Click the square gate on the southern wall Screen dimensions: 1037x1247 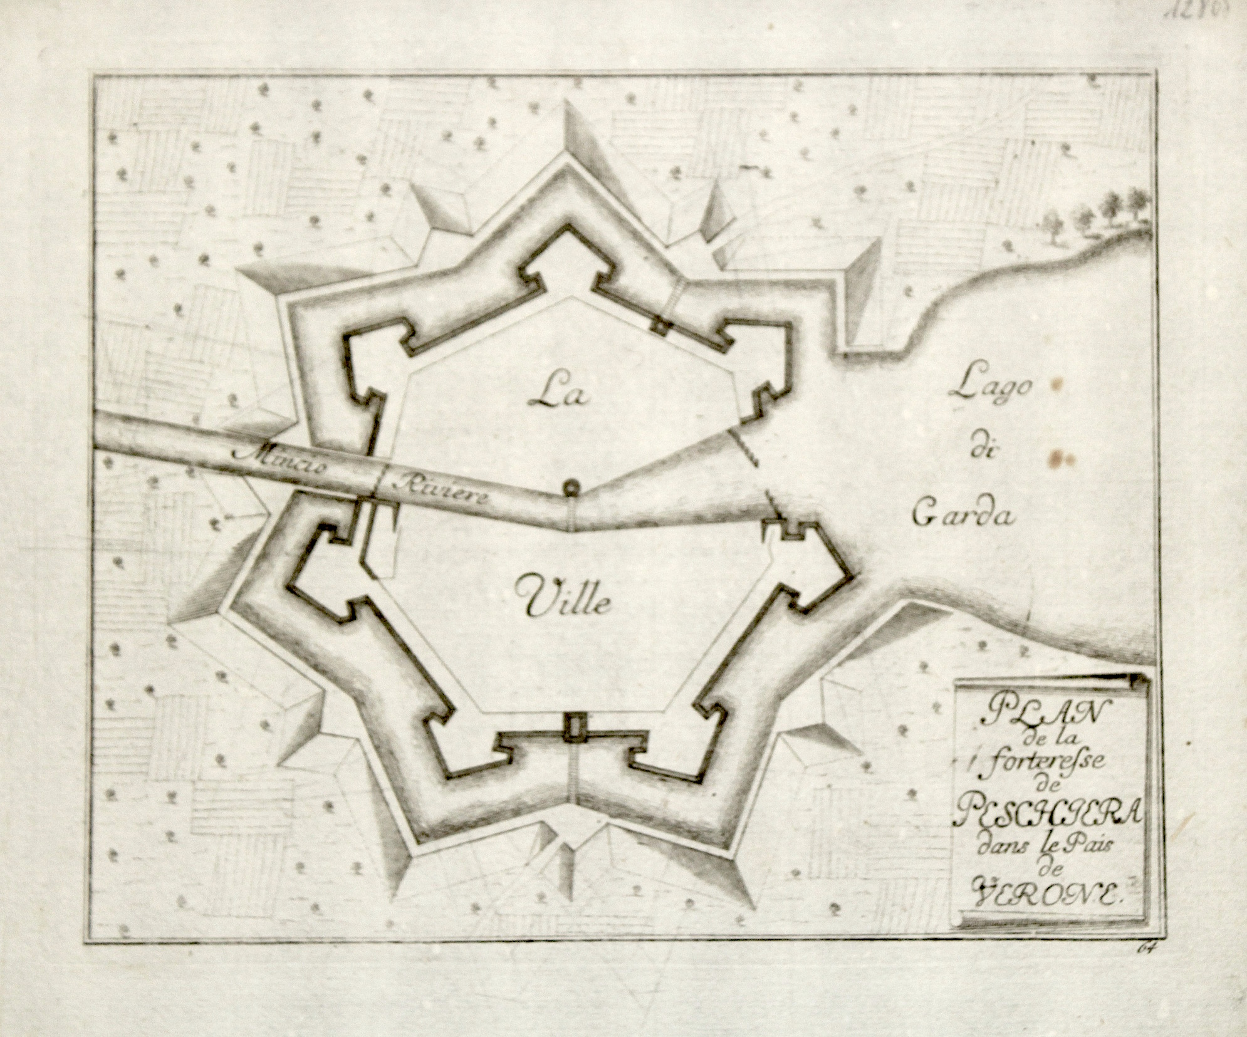pos(574,727)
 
